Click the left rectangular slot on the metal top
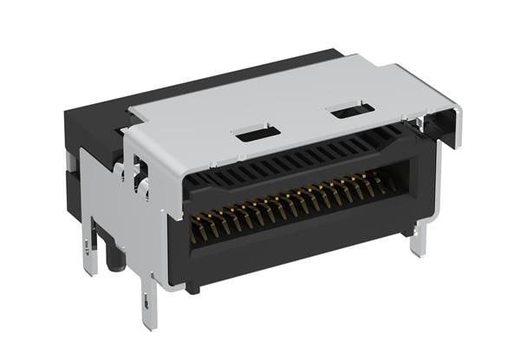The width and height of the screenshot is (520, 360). click(x=257, y=134)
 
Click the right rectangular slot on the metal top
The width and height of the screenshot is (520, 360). click(x=352, y=111)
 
